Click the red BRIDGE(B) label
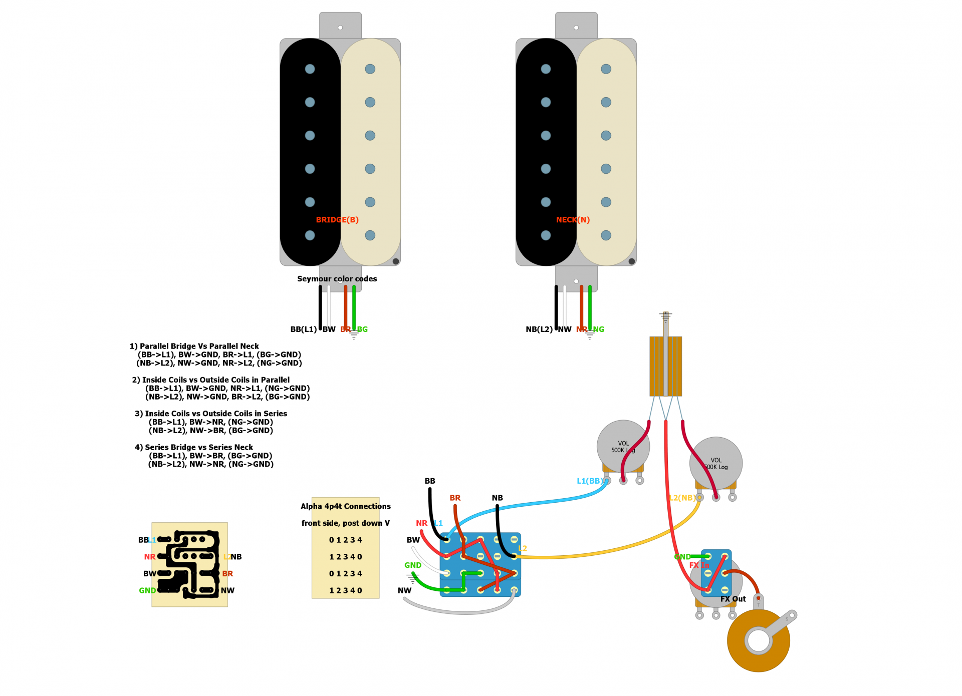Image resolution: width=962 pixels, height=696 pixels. click(337, 220)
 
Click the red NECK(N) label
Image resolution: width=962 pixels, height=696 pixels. click(573, 220)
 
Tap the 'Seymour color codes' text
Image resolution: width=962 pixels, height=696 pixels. click(337, 279)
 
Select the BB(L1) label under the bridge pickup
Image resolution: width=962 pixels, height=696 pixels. click(303, 329)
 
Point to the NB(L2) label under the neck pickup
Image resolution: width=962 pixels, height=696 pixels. click(539, 329)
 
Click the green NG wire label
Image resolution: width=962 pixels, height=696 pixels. click(598, 329)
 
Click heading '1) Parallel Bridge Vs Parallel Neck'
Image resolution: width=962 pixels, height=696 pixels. click(194, 346)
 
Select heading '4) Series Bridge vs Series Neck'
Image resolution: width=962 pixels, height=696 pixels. click(193, 448)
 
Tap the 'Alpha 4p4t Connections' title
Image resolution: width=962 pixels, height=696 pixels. click(345, 506)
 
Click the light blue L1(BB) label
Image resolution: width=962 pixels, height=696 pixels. click(590, 481)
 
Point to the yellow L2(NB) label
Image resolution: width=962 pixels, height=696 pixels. click(681, 498)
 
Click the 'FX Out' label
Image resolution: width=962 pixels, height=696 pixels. click(733, 599)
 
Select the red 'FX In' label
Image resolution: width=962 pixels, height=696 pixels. click(698, 565)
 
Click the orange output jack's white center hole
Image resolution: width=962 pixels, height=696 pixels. click(758, 640)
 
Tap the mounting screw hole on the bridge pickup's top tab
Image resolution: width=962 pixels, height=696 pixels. click(340, 28)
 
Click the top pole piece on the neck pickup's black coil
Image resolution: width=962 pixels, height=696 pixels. click(546, 69)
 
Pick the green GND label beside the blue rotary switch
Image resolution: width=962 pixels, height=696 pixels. click(412, 565)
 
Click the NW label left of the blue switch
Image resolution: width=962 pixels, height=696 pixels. click(404, 591)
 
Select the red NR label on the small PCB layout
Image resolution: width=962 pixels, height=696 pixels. click(149, 557)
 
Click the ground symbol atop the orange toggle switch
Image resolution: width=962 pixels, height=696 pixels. click(665, 316)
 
